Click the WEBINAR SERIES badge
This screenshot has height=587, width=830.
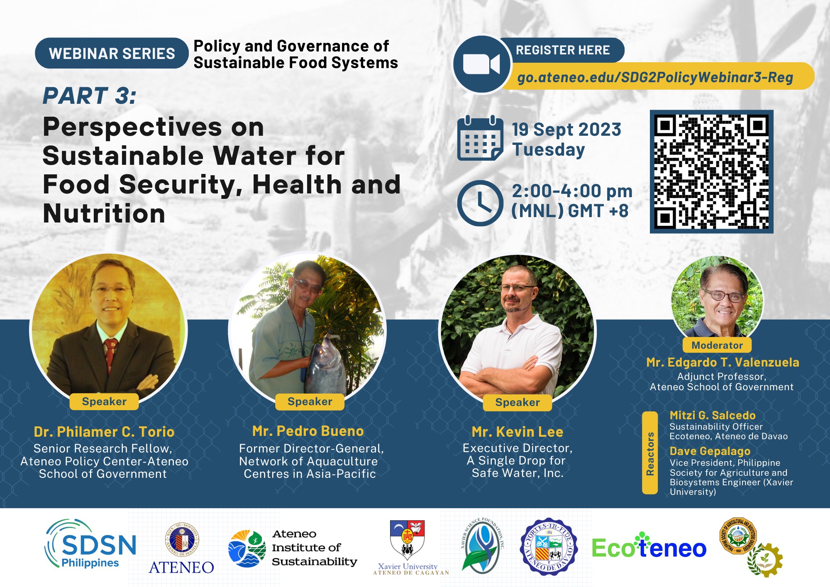point(112,54)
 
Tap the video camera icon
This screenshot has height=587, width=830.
point(481,65)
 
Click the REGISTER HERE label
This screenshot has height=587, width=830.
point(562,50)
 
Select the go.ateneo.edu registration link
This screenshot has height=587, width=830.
point(655,77)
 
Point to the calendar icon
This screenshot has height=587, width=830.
point(479,138)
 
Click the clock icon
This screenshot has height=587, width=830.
point(480,203)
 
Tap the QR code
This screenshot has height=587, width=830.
point(711,171)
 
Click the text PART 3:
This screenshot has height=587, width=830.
point(90,96)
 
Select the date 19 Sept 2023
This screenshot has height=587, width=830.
point(566,130)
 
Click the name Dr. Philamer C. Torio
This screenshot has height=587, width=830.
point(104,432)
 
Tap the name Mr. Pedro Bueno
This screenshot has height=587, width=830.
point(308,431)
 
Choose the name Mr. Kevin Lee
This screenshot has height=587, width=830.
point(517,432)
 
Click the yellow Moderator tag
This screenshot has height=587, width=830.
point(717,345)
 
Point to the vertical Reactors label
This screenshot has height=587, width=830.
point(650,453)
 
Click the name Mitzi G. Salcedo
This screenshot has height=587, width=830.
point(712,415)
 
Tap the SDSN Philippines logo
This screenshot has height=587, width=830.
point(90,544)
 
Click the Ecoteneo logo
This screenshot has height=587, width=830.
point(649,548)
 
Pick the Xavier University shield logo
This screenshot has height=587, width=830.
point(407,539)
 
